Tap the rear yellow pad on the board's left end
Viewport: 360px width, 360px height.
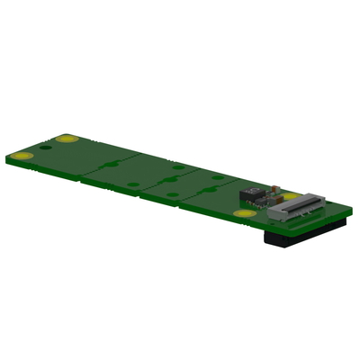pyautogui.click(x=65, y=139)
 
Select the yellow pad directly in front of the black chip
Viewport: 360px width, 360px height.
pyautogui.click(x=242, y=214)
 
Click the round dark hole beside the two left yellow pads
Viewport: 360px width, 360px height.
pyautogui.click(x=46, y=148)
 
